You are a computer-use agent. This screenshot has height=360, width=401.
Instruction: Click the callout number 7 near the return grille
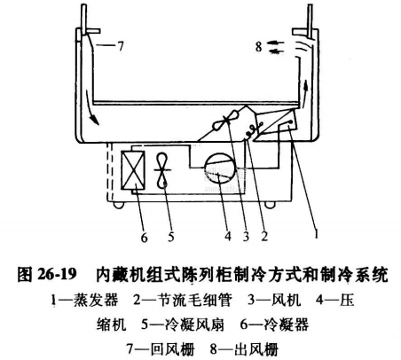(x=120, y=46)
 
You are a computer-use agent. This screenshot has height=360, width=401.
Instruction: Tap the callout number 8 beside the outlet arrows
(x=259, y=46)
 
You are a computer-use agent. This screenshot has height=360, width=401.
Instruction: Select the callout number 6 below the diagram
(x=144, y=237)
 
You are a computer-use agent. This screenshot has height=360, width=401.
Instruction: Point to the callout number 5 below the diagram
(x=171, y=237)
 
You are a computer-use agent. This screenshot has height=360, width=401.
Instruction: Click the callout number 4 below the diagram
(x=228, y=236)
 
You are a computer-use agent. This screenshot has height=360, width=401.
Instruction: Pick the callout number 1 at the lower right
(x=316, y=233)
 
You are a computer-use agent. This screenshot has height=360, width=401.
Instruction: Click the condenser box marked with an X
(x=133, y=170)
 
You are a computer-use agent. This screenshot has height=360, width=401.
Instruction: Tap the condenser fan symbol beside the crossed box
(x=162, y=170)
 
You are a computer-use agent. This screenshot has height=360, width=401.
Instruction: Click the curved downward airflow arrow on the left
(x=90, y=108)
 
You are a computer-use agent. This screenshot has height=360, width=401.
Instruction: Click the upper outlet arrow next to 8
(x=275, y=43)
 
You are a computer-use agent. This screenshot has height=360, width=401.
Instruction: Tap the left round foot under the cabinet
(x=119, y=205)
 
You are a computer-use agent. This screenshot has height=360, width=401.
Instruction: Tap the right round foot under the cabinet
(x=270, y=205)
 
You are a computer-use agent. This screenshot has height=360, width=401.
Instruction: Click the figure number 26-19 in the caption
(x=57, y=274)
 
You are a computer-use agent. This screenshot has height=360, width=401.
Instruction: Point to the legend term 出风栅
(x=256, y=348)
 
